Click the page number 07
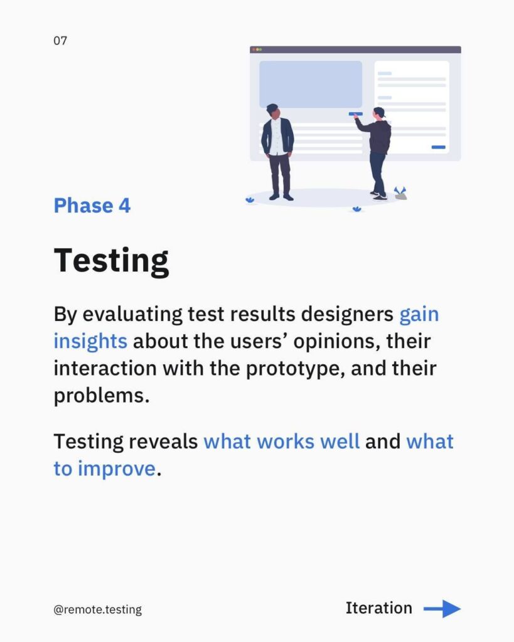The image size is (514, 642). (60, 41)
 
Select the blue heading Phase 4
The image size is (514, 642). (92, 206)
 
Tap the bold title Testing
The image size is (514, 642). (112, 261)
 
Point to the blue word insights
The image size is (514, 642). (90, 342)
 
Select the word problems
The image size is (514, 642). (102, 396)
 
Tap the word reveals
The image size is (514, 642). (163, 441)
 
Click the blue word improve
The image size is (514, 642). (117, 469)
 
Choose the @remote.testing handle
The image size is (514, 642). (97, 609)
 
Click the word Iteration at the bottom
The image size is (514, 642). (378, 608)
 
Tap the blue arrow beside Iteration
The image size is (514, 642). (442, 609)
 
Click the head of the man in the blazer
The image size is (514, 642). (272, 110)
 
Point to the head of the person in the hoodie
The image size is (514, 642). (379, 113)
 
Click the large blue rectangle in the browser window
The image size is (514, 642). (311, 85)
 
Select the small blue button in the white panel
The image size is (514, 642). (438, 147)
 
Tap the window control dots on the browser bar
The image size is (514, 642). (257, 50)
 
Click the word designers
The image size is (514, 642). (347, 315)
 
